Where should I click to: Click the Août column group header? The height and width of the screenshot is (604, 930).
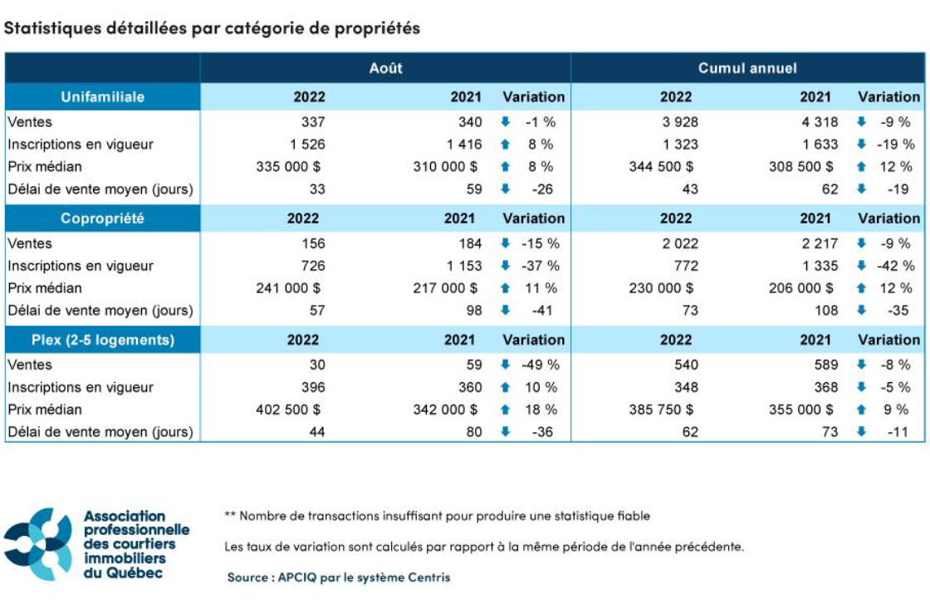tap(385, 68)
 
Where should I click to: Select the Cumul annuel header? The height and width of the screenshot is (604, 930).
tap(747, 68)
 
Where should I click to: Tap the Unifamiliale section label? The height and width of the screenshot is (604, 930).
tap(102, 97)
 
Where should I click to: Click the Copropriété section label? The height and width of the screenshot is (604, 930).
tap(102, 219)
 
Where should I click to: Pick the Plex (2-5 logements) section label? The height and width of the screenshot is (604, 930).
tap(102, 340)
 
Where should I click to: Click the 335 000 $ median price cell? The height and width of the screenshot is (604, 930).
tap(290, 166)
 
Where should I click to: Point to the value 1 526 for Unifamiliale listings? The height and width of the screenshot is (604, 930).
tap(307, 145)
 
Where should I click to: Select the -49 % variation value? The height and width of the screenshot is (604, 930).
tap(540, 365)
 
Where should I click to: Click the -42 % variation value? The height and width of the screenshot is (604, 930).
tap(896, 266)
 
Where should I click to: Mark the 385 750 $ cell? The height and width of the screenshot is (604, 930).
tap(661, 410)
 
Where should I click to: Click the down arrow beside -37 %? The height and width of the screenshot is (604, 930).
tap(505, 266)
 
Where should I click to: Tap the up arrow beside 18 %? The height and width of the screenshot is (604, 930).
tap(505, 410)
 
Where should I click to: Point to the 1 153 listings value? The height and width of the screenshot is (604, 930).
tap(463, 266)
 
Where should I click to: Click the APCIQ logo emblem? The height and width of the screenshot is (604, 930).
tap(39, 543)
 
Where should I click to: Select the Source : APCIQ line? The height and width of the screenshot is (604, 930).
tap(339, 577)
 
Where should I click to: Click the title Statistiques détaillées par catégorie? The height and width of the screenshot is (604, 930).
tap(213, 28)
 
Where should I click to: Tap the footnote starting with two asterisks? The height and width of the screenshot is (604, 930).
tap(437, 516)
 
